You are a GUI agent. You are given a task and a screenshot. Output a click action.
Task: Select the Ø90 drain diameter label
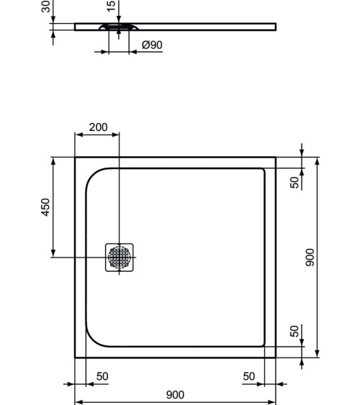coord(152,45)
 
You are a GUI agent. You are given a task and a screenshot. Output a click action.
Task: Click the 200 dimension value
coord(98,127)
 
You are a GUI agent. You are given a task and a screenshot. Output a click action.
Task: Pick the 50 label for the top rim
coord(294,183)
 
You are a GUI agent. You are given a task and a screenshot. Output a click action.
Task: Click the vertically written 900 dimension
coord(310,258)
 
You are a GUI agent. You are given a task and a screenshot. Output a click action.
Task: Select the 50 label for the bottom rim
coord(294,331)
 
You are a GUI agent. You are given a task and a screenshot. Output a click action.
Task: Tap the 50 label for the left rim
coord(102,376)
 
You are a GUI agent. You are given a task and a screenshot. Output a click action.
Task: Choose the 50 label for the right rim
coord(248,376)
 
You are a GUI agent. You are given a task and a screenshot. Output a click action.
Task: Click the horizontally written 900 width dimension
coord(175,394)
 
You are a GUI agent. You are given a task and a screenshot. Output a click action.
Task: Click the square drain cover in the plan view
coord(120,257)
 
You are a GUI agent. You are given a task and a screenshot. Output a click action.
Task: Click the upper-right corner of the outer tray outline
coord(276,158)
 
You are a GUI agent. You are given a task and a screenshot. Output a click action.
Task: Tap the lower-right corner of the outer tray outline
coord(276,357)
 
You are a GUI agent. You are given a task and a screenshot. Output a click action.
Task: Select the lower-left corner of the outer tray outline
coord(76,357)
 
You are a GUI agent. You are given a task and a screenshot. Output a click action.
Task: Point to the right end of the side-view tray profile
coord(274,27)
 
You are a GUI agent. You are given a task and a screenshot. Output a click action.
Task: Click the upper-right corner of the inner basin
coord(264,170)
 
